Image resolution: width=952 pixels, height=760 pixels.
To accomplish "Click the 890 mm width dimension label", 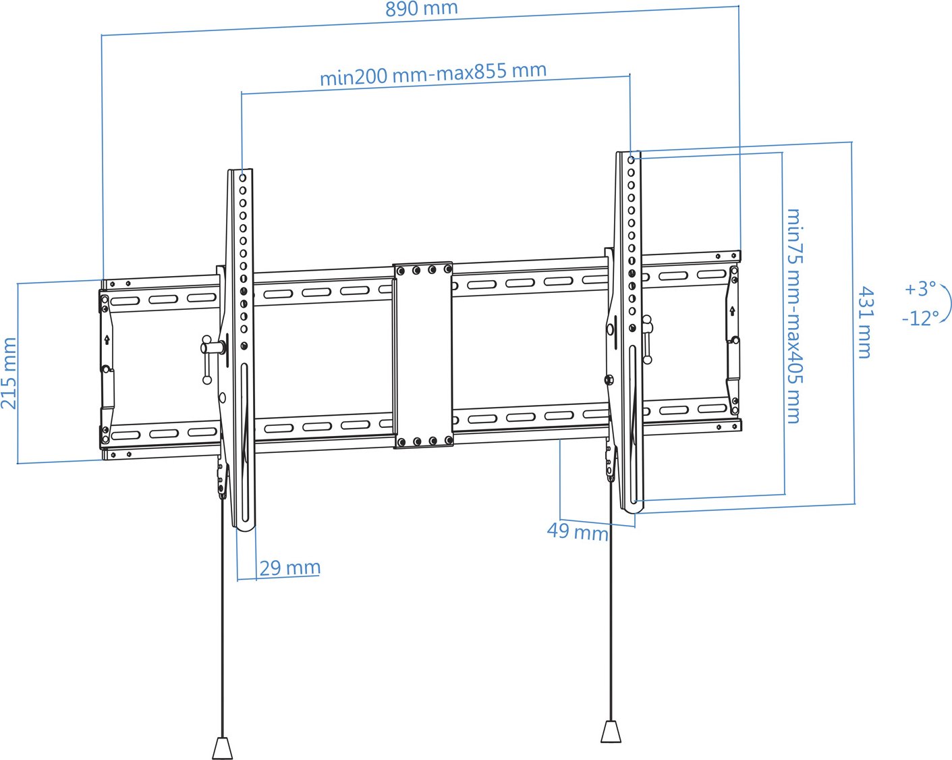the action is pyautogui.click(x=421, y=9).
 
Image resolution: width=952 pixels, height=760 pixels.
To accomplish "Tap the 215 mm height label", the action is pyautogui.click(x=9, y=373).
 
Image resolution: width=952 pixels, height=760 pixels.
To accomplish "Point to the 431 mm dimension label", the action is pyautogui.click(x=866, y=322).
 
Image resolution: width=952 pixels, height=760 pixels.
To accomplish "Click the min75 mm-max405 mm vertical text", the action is pyautogui.click(x=795, y=316).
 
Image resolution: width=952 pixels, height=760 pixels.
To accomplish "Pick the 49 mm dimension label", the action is pyautogui.click(x=578, y=532).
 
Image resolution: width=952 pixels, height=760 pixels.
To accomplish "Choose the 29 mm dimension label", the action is pyautogui.click(x=289, y=568).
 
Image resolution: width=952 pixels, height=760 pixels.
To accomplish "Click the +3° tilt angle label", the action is pyautogui.click(x=920, y=289).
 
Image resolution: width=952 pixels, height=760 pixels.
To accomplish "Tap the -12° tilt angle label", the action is pyautogui.click(x=920, y=318).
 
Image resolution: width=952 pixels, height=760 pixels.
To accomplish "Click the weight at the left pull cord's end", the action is pyautogui.click(x=222, y=748).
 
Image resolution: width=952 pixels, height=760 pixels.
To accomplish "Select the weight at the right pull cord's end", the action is pyautogui.click(x=611, y=731).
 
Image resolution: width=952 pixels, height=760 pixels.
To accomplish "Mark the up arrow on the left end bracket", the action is pyautogui.click(x=107, y=340).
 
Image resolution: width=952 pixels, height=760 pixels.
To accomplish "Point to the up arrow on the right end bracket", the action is pyautogui.click(x=732, y=310).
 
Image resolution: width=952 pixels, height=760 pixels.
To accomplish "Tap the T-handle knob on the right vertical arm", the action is pyautogui.click(x=647, y=339).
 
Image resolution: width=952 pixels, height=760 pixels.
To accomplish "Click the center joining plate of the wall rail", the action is pyautogui.click(x=423, y=355).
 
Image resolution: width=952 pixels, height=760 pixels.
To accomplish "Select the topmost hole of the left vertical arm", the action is pyautogui.click(x=242, y=178).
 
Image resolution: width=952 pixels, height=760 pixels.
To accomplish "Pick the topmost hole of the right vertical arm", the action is pyautogui.click(x=631, y=159).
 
